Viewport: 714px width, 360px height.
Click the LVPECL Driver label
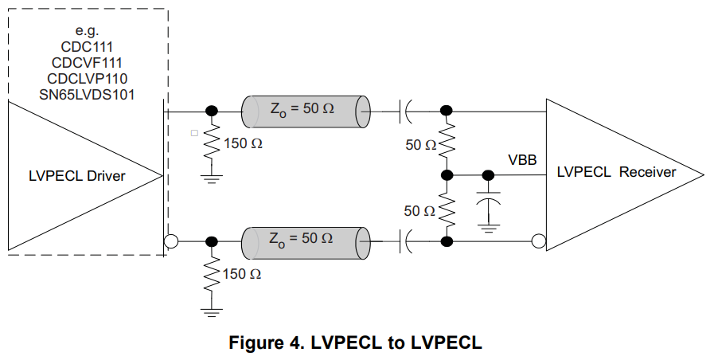tap(76, 176)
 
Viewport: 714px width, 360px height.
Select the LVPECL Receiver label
tap(616, 172)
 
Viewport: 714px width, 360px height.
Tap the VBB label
tap(522, 160)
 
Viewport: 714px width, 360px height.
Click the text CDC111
tap(87, 47)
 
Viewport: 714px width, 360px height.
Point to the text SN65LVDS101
tap(87, 94)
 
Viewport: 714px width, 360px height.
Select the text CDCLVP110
tap(87, 79)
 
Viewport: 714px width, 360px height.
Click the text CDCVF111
tap(87, 63)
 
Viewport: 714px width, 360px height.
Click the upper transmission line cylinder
tap(306, 111)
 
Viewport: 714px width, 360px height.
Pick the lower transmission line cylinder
tap(306, 239)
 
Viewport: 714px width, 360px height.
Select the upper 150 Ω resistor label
tap(243, 146)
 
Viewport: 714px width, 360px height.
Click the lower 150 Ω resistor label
tap(243, 274)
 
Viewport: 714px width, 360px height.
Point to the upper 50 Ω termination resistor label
tap(419, 146)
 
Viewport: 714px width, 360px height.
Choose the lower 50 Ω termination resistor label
tap(419, 211)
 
